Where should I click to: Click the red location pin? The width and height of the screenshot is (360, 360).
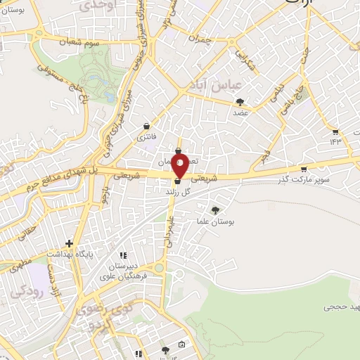coord(180,167)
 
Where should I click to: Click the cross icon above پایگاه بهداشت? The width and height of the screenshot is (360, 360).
coord(69,242)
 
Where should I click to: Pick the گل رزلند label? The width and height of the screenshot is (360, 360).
coord(179,191)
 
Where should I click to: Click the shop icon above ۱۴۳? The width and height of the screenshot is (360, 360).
coord(335,131)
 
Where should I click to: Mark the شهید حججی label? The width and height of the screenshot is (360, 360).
coord(342,307)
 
